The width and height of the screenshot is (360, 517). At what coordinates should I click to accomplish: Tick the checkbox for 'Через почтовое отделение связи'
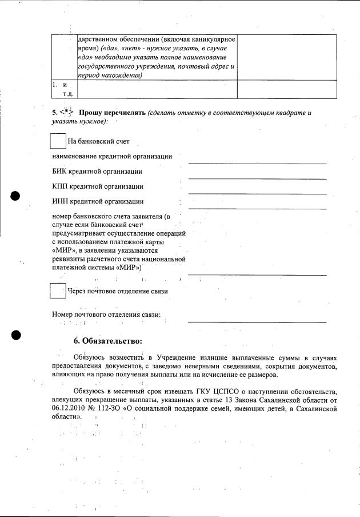click(x=58, y=291)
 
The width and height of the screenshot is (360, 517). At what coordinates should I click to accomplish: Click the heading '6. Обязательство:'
click(x=107, y=341)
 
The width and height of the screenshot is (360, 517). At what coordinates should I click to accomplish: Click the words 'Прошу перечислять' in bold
click(x=112, y=113)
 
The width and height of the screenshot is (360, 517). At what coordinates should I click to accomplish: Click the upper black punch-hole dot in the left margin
click(x=15, y=195)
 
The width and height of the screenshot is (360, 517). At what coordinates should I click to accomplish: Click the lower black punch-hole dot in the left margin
click(x=15, y=335)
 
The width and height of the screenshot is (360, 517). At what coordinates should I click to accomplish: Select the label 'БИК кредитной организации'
click(x=97, y=171)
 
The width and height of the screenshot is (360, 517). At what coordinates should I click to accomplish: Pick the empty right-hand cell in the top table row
click(x=287, y=57)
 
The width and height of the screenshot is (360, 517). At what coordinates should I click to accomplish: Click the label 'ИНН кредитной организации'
click(x=98, y=201)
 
